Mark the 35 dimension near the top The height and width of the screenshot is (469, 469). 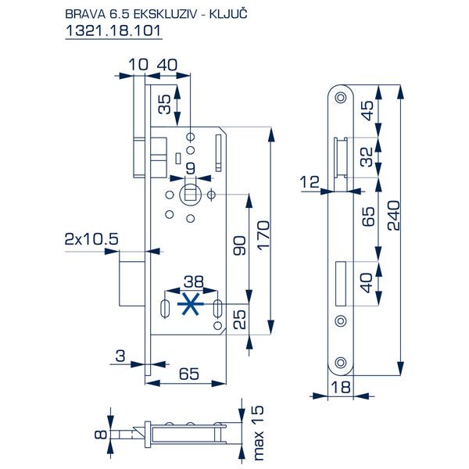click(163, 104)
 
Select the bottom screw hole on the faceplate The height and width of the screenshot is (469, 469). click(340, 363)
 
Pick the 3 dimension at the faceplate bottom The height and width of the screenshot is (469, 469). click(120, 356)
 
